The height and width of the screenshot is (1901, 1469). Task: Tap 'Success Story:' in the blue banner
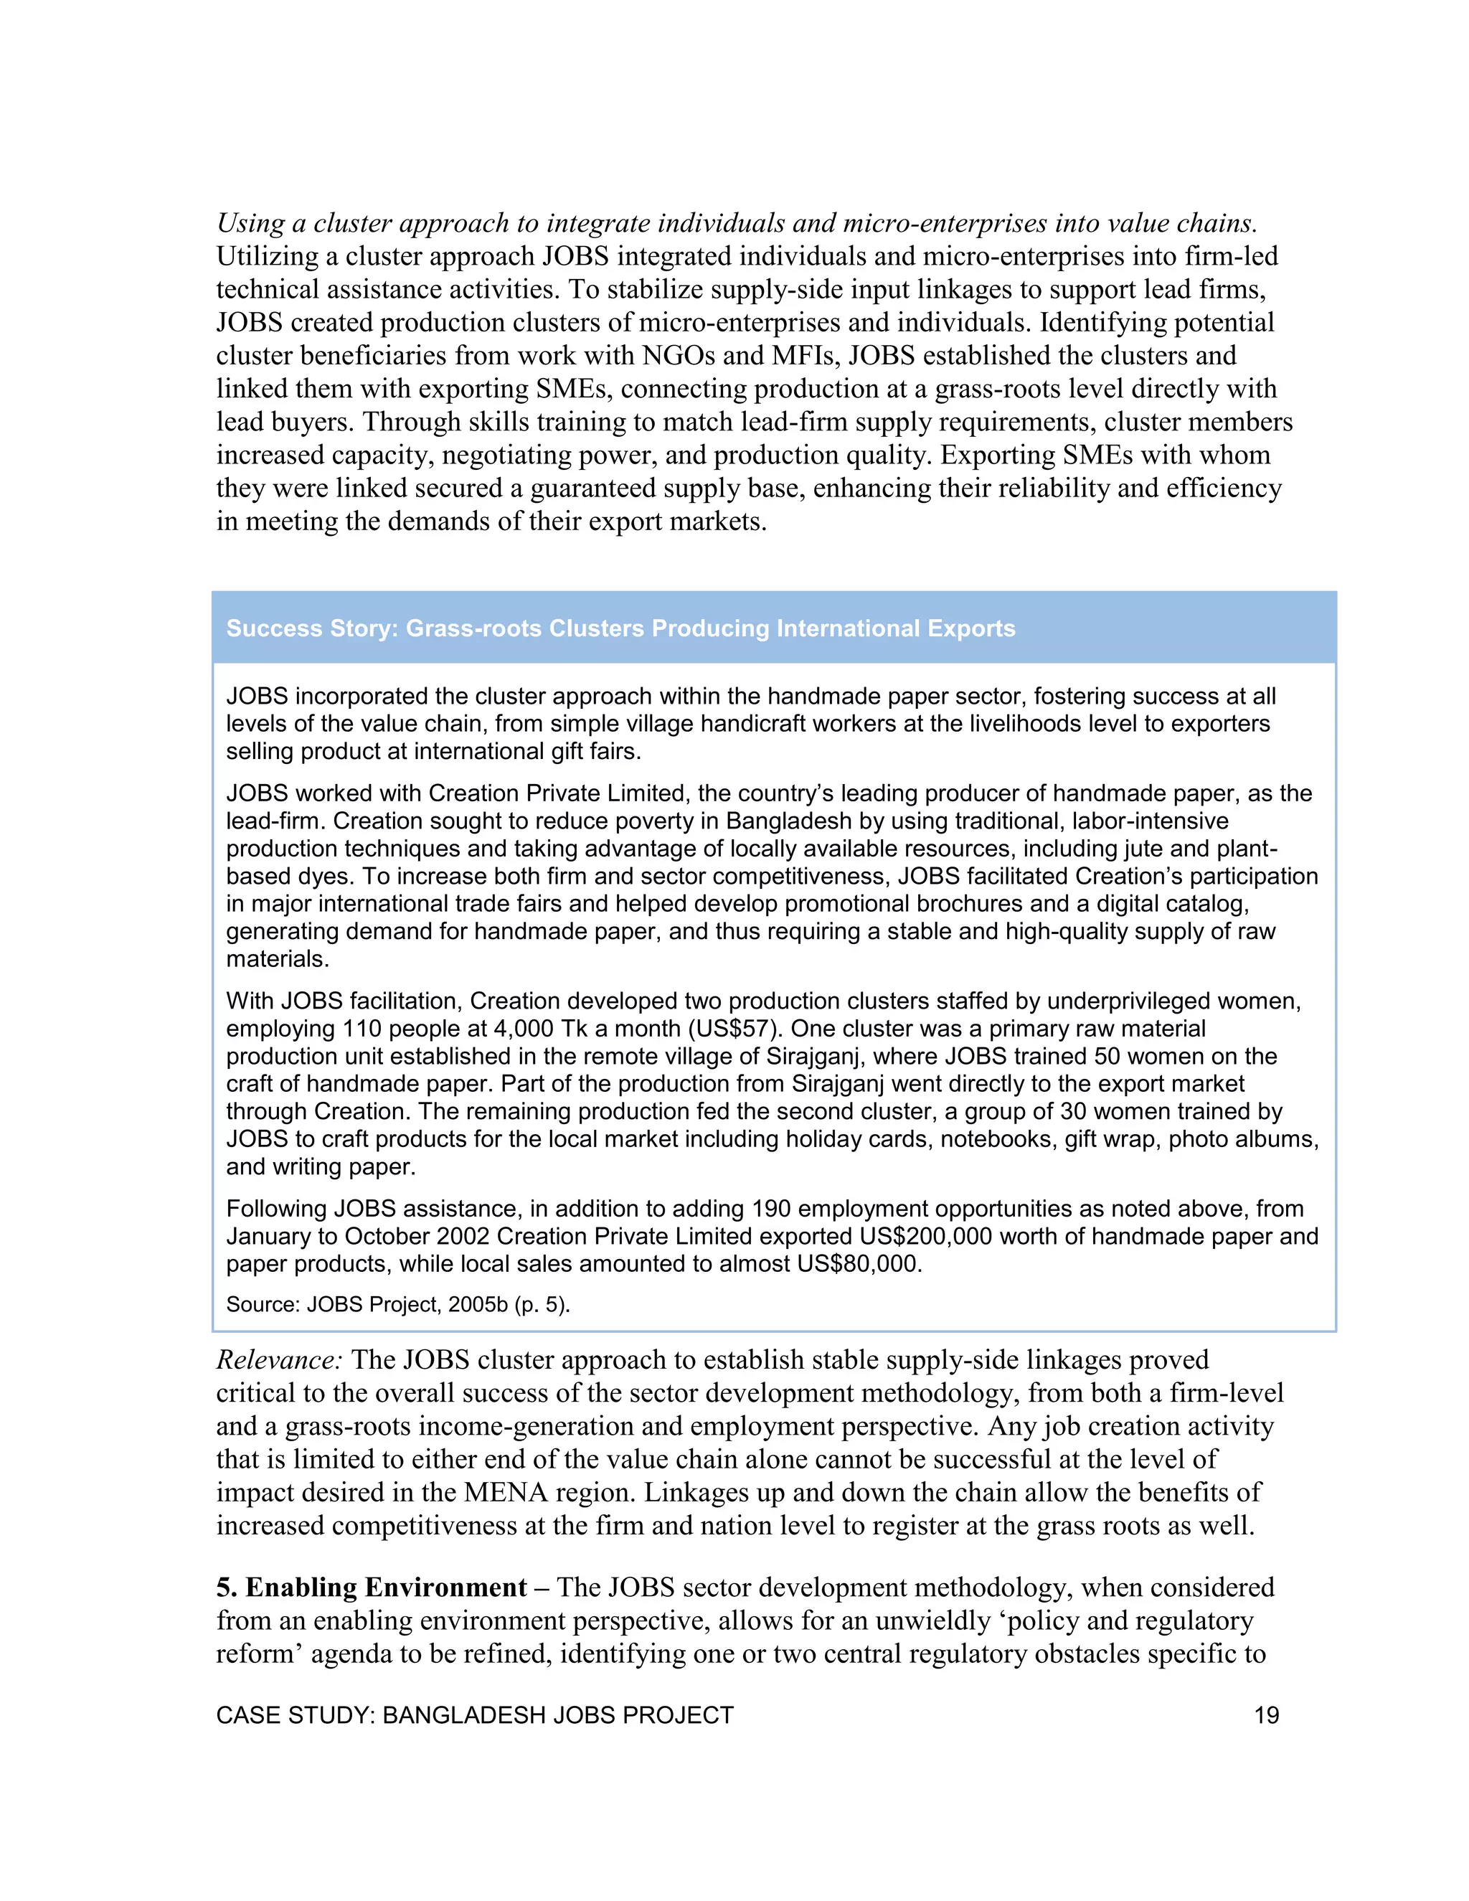pyautogui.click(x=311, y=628)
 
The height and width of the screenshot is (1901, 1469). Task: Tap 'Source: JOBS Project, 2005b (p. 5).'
pyautogui.click(x=397, y=1305)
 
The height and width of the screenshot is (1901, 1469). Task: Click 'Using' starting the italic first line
pyautogui.click(x=250, y=223)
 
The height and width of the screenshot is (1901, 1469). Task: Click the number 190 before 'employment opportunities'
pyautogui.click(x=771, y=1208)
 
